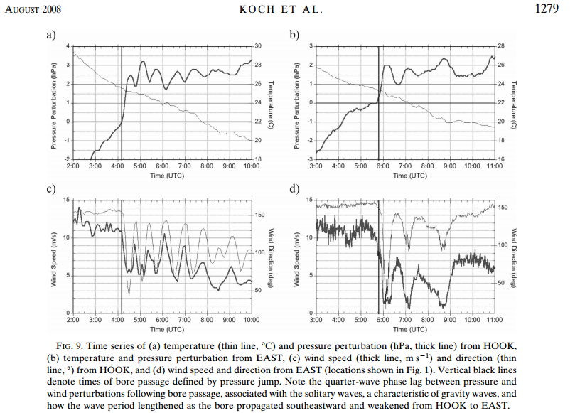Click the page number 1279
(x=547, y=8)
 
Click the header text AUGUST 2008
(x=33, y=9)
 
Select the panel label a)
(x=51, y=35)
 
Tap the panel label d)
(x=294, y=188)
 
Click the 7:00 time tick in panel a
(x=184, y=166)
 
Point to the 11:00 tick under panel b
(x=494, y=166)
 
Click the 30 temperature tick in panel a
(x=258, y=45)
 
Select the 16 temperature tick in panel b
(x=501, y=159)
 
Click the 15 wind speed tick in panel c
(x=66, y=200)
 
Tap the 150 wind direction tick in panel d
(x=503, y=208)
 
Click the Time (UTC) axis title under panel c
(x=167, y=329)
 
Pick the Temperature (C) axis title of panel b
(x=513, y=104)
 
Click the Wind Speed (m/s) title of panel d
(x=296, y=259)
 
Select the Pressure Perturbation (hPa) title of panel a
(x=53, y=107)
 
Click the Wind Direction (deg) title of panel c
(x=271, y=258)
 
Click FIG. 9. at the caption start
(x=68, y=346)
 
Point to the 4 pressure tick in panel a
(x=68, y=45)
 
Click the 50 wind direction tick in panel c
(x=258, y=290)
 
